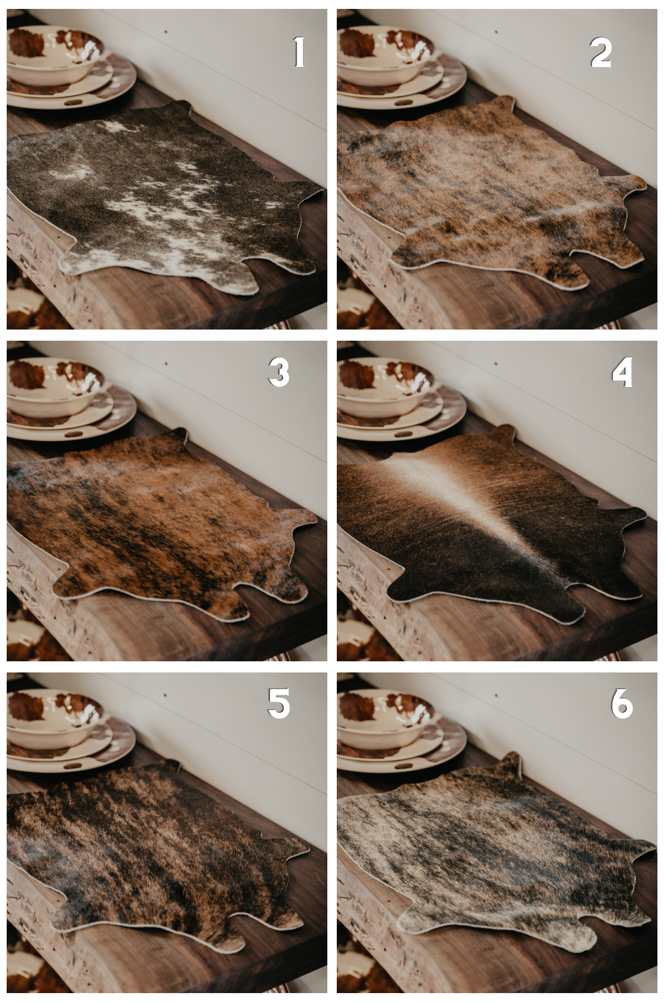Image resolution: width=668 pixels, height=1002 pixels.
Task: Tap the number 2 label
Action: click(601, 54)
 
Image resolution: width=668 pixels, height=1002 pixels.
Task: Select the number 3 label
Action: click(278, 372)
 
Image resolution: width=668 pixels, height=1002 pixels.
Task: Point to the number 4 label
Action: click(622, 372)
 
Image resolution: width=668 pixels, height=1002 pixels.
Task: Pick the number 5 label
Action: click(278, 703)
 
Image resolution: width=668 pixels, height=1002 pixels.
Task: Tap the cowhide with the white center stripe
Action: click(490, 523)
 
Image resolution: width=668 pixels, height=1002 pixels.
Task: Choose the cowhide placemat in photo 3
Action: click(161, 523)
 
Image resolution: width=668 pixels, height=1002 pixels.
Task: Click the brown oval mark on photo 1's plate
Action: click(72, 102)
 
